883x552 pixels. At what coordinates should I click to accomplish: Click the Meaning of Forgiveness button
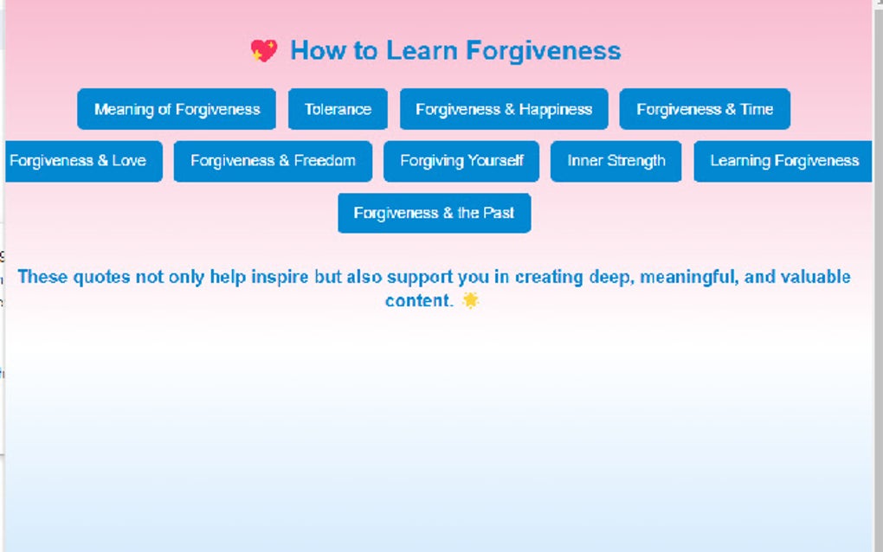177,109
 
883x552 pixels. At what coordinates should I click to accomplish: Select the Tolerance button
338,109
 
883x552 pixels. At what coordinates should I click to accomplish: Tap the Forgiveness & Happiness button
504,109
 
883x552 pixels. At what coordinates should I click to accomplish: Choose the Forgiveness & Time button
705,109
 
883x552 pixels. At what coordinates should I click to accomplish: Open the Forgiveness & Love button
80,161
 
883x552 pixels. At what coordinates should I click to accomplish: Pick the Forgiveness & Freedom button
273,161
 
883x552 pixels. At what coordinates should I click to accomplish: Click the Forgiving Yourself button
461,161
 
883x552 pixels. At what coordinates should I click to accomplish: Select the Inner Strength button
616,161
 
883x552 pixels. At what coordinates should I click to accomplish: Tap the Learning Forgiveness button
783,161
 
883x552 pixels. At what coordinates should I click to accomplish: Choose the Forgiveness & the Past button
434,213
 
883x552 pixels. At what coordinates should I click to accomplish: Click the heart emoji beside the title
264,51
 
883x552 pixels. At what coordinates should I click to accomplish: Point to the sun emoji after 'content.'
470,300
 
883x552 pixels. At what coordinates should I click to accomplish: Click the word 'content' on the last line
416,300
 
